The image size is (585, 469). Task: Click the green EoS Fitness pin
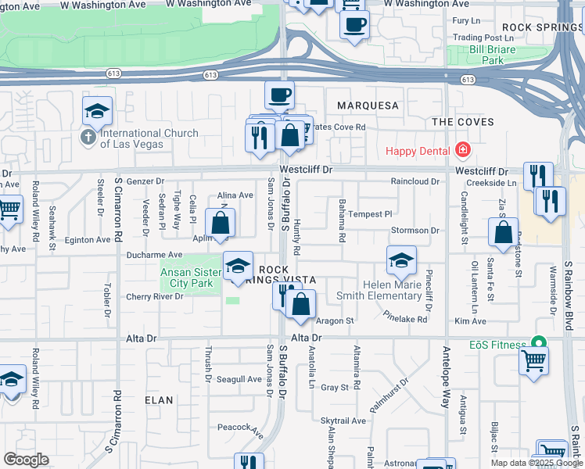pyautogui.click(x=538, y=342)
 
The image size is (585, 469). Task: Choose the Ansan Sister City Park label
pyautogui.click(x=187, y=278)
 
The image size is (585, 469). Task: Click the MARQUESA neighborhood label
pyautogui.click(x=368, y=105)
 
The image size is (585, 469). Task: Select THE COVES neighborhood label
pyautogui.click(x=463, y=122)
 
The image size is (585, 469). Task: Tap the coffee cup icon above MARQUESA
pyautogui.click(x=279, y=96)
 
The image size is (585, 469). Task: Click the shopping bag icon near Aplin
pyautogui.click(x=221, y=223)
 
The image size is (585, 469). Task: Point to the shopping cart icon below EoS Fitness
pyautogui.click(x=533, y=362)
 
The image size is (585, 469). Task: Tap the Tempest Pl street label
pyautogui.click(x=369, y=213)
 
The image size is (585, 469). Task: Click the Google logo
pyautogui.click(x=27, y=460)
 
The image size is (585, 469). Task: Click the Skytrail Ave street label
pyautogui.click(x=343, y=421)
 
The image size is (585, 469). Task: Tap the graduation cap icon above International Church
pyautogui.click(x=97, y=112)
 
